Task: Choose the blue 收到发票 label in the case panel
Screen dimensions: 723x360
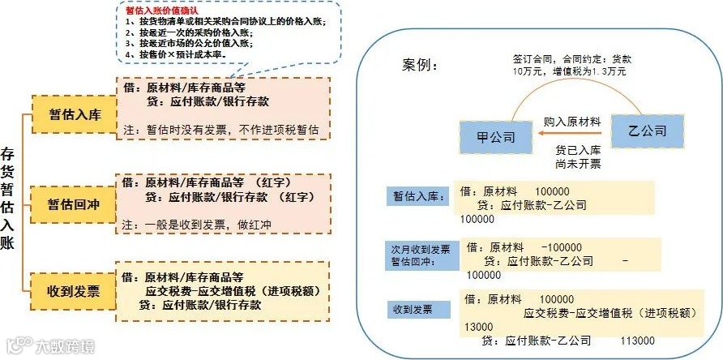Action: [x=413, y=309]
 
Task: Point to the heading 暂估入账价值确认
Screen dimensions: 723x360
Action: [x=159, y=10]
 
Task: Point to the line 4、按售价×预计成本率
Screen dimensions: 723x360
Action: [x=175, y=54]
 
